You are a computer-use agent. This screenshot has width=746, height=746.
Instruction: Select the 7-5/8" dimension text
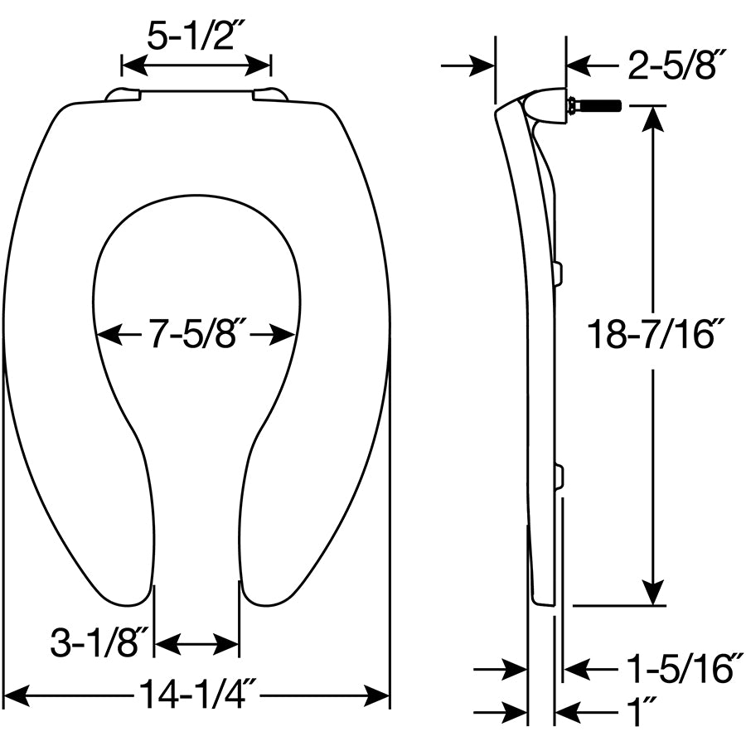(x=196, y=335)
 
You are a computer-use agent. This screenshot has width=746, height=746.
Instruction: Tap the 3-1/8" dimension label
(x=99, y=643)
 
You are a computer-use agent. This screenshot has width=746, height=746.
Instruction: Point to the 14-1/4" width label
(x=196, y=695)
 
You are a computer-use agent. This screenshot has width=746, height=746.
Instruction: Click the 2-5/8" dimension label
(x=677, y=65)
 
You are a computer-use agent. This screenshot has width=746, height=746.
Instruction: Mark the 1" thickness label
(x=639, y=711)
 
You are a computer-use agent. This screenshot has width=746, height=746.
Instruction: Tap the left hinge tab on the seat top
(x=123, y=95)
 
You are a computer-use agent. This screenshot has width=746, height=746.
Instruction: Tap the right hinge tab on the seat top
(x=270, y=95)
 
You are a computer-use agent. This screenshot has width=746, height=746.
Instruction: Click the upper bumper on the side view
(x=557, y=273)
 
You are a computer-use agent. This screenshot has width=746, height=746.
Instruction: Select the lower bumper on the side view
(x=558, y=476)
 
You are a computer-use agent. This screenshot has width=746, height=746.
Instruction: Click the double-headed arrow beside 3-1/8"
(x=197, y=643)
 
